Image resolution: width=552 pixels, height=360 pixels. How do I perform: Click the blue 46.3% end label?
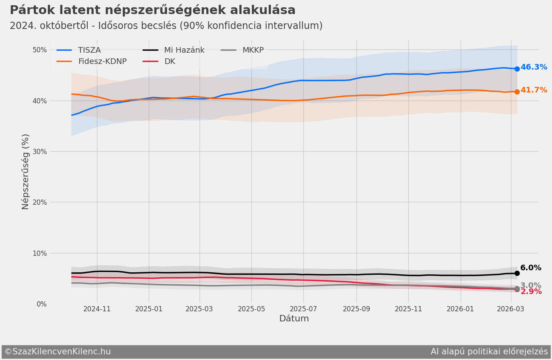coord(533,67)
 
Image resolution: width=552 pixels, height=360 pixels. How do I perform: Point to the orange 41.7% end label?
coord(533,90)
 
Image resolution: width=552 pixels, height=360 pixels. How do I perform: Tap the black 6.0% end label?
coord(531,268)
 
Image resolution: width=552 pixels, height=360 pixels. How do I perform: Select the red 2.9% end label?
coord(531,292)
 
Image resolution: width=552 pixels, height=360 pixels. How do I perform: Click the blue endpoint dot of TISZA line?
coord(517,69)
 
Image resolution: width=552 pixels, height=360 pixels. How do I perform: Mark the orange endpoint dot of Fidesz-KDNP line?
coord(517,92)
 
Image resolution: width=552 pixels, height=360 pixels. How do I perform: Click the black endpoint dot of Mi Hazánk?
coord(517,273)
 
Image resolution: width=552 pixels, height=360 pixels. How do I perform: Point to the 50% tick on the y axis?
coord(40,50)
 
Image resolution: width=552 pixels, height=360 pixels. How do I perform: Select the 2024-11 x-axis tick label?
coord(97,309)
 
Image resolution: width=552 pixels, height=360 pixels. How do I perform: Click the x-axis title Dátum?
coord(294,319)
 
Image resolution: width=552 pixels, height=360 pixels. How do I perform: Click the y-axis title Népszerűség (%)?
coord(25,172)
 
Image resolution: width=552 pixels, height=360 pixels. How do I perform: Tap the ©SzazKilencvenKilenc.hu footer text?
coord(58,352)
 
